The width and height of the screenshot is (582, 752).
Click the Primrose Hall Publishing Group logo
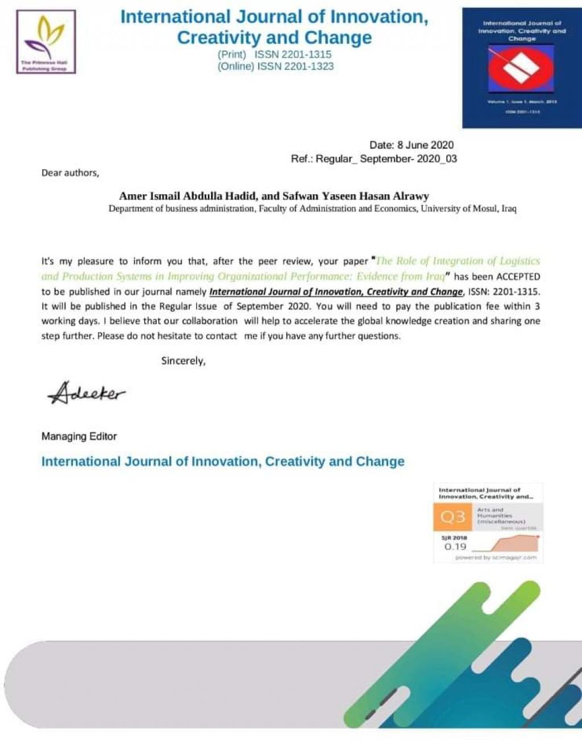coord(46,41)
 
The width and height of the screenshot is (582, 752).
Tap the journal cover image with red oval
coord(521,68)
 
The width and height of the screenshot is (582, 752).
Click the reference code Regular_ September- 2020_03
coord(386,159)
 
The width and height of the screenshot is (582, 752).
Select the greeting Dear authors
coord(70,173)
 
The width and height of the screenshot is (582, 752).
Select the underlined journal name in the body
coord(336,292)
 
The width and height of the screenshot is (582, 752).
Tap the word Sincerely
coord(183,361)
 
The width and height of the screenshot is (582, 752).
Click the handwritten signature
coord(86,392)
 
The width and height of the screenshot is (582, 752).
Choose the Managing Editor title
coord(79,436)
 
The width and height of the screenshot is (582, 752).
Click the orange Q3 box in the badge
coord(453,517)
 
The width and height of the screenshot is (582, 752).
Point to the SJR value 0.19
coord(455,546)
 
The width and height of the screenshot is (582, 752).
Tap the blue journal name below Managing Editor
coord(223,461)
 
